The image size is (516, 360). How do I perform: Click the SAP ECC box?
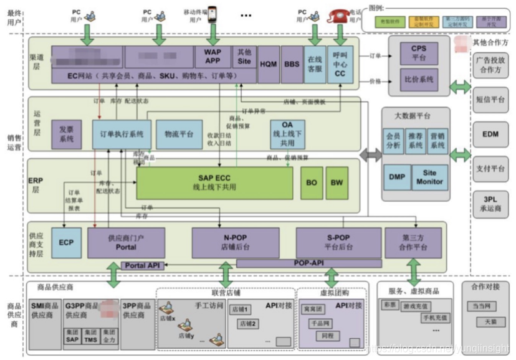pyautogui.click(x=214, y=182)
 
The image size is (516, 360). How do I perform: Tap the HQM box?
pyautogui.click(x=268, y=64)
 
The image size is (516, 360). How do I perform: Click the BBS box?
pyautogui.click(x=291, y=64)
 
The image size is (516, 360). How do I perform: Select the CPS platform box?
pyautogui.click(x=419, y=52)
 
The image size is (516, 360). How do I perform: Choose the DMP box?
pyautogui.click(x=396, y=177)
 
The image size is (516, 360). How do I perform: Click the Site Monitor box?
pyautogui.click(x=429, y=177)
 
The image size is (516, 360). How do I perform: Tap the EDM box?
pyautogui.click(x=490, y=134)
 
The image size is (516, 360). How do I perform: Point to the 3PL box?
pyautogui.click(x=490, y=204)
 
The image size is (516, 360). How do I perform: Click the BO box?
pyautogui.click(x=311, y=182)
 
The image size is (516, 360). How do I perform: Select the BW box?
pyautogui.click(x=337, y=182)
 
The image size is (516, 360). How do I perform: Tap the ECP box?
pyautogui.click(x=66, y=242)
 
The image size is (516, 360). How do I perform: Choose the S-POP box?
pyautogui.click(x=338, y=242)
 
